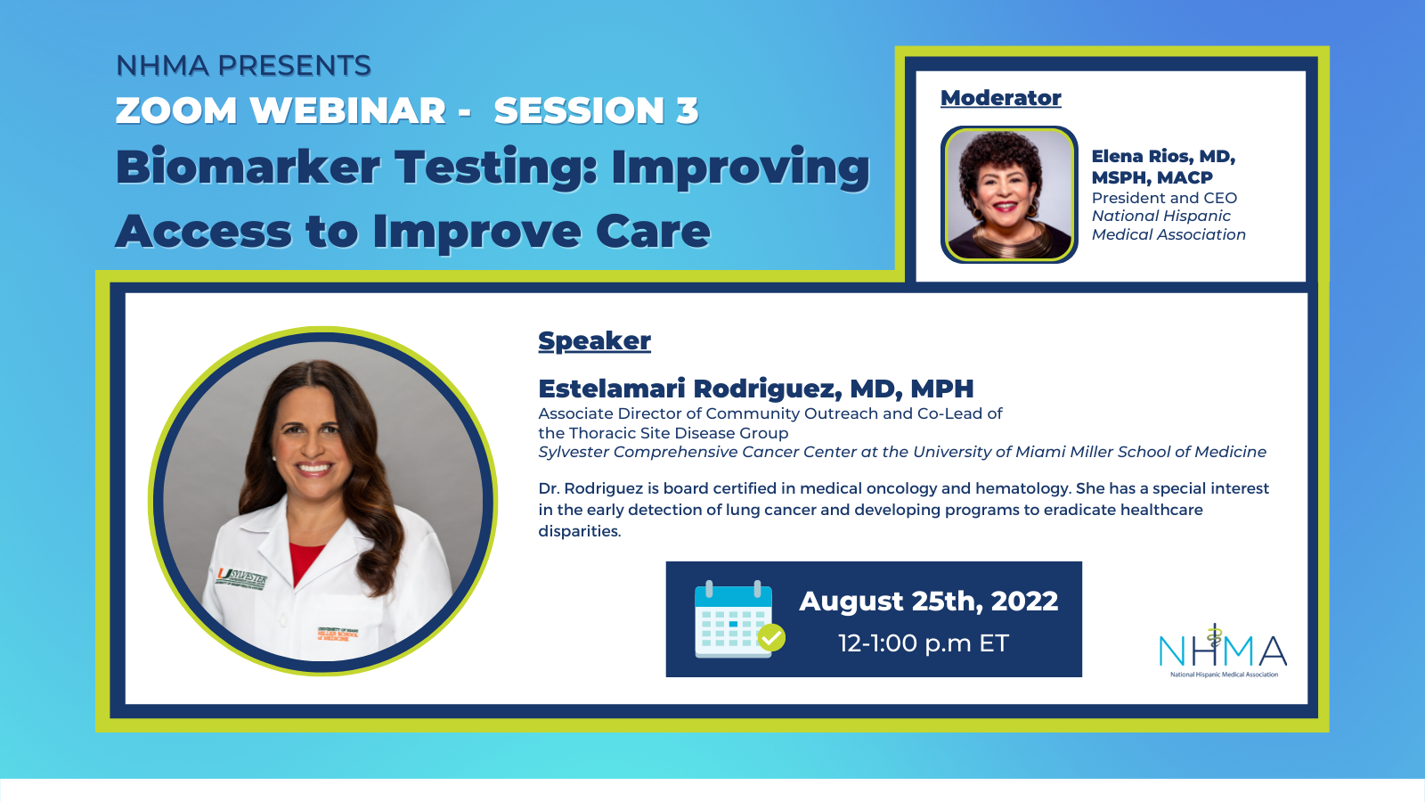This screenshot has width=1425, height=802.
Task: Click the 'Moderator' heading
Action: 1001,98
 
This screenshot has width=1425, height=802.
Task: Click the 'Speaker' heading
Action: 594,341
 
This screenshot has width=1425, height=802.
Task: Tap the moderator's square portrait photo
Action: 1010,195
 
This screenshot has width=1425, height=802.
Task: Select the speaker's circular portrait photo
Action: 322,500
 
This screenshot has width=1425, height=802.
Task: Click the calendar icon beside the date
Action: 739,618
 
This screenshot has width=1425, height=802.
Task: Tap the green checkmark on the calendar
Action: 771,637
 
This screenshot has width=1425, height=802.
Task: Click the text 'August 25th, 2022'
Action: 929,601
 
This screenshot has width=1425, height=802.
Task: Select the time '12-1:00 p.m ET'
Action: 924,642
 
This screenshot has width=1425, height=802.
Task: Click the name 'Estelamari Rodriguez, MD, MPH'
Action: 756,389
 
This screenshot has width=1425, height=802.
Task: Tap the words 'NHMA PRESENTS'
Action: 244,66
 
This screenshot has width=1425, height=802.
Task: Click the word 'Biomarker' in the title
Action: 248,167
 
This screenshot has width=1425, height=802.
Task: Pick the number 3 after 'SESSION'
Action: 687,110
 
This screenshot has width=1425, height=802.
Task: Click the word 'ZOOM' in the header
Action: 176,110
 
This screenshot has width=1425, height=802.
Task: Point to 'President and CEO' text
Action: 1164,198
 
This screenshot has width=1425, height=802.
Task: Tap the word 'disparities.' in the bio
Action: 580,531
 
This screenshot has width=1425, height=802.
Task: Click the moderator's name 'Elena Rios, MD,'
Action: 1163,157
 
